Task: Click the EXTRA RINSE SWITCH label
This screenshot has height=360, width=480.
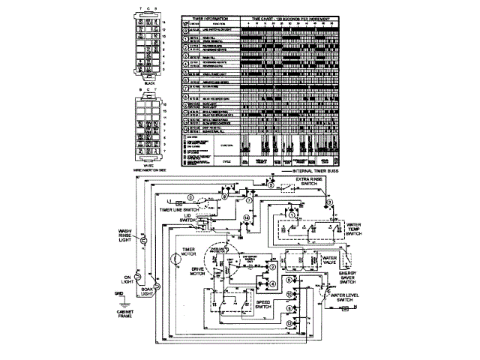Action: pyautogui.click(x=311, y=182)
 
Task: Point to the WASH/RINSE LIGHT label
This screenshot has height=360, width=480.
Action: pyautogui.click(x=124, y=238)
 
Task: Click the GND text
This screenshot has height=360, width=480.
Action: pyautogui.click(x=118, y=293)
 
